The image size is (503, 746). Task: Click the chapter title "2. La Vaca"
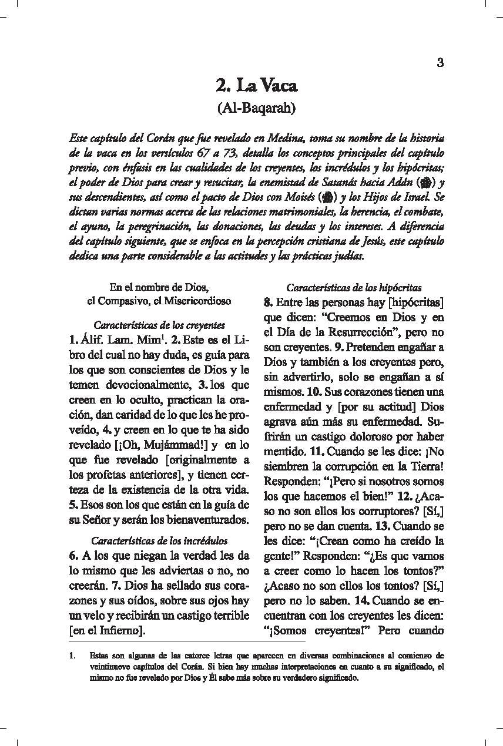click(x=256, y=86)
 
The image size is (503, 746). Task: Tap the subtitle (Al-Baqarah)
click(x=256, y=108)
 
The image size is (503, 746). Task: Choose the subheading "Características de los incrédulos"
click(x=159, y=540)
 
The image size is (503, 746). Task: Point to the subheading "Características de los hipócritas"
click(x=354, y=288)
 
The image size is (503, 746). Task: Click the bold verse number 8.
click(x=267, y=303)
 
